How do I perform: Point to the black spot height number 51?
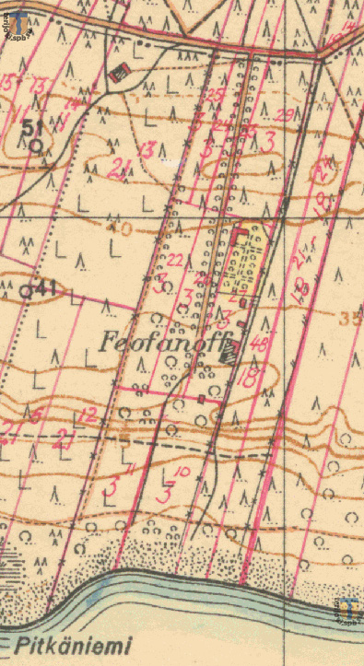(x=34, y=127)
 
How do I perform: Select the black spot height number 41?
(x=48, y=288)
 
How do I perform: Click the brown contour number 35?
(x=350, y=320)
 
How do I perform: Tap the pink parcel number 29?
(x=284, y=114)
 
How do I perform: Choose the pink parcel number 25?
(x=216, y=95)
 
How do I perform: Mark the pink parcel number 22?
(x=176, y=262)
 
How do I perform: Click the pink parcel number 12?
(x=87, y=417)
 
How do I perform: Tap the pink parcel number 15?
(x=8, y=83)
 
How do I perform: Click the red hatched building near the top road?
(x=117, y=72)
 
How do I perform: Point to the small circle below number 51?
(x=35, y=145)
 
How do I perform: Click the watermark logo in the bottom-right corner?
(x=347, y=611)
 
